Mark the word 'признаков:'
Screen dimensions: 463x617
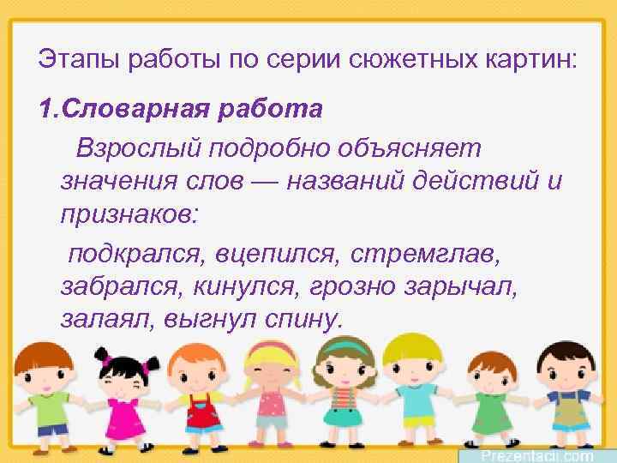[129, 213]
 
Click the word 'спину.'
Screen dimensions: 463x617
[300, 319]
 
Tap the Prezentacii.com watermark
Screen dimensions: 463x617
[537, 454]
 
